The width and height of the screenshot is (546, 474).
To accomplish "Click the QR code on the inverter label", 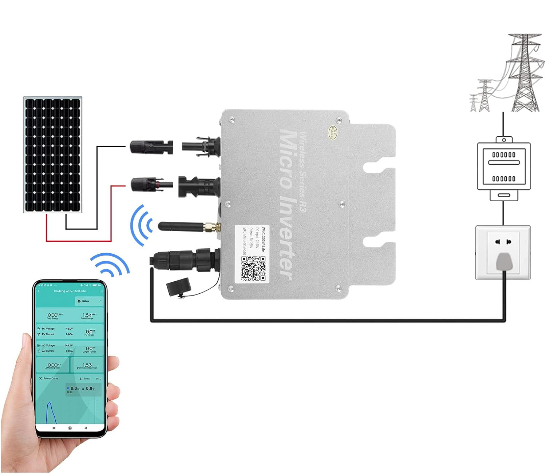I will pyautogui.click(x=253, y=268).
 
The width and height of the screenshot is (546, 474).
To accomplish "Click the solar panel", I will pyautogui.click(x=53, y=154).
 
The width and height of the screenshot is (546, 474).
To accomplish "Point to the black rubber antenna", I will pyautogui.click(x=180, y=227).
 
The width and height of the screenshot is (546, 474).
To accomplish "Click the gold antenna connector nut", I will pyautogui.click(x=209, y=228).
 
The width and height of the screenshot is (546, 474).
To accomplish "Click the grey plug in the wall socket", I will pyautogui.click(x=504, y=262).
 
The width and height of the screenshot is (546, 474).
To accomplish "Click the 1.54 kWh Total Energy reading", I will pyautogui.click(x=88, y=316).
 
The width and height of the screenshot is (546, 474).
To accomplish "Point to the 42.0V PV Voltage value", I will pyautogui.click(x=69, y=329).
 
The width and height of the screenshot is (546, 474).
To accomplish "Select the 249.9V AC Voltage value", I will pyautogui.click(x=68, y=345).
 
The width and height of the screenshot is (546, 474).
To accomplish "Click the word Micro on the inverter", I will pyautogui.click(x=288, y=160).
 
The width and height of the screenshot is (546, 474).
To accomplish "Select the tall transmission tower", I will pyautogui.click(x=524, y=73).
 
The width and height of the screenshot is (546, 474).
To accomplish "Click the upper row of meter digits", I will pyautogui.click(x=504, y=154).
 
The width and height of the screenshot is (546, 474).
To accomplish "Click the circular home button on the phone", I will pyautogui.click(x=70, y=428).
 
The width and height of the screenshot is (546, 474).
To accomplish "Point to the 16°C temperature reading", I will pyautogui.click(x=98, y=378).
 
